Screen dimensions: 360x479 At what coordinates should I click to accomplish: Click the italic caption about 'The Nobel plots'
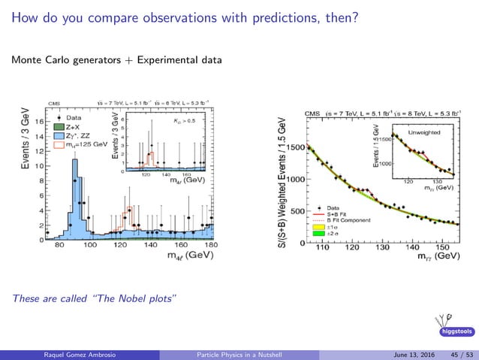95,299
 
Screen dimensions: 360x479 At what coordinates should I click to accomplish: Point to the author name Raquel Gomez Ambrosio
59,354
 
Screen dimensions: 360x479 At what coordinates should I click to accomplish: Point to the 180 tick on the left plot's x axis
211,246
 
